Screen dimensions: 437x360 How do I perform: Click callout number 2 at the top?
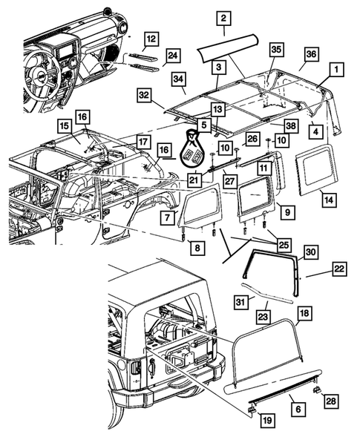(x=223, y=18)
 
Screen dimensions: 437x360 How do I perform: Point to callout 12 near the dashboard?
(x=151, y=38)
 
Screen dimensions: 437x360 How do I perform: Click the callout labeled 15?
(x=64, y=127)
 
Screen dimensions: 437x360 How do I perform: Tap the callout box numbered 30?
(x=310, y=253)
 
